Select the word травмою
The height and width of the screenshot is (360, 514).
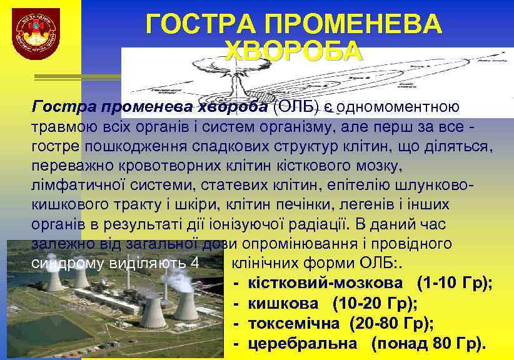(x=63, y=128)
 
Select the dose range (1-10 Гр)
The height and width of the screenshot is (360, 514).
(x=455, y=283)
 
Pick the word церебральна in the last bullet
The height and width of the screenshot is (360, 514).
(x=303, y=343)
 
